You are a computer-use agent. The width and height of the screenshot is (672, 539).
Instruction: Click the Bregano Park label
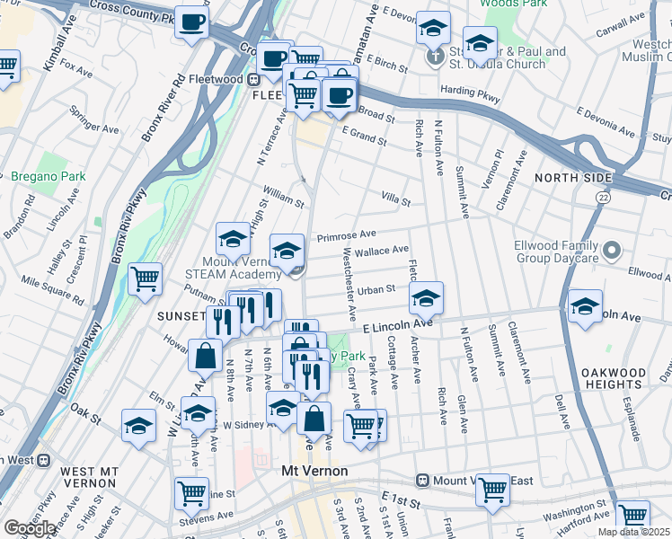click(49, 177)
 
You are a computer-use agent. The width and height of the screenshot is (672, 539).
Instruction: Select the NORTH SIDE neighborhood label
click(573, 178)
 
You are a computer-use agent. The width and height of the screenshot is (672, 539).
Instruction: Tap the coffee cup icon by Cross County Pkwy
click(191, 22)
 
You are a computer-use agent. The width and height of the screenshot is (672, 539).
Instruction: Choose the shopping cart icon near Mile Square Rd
click(145, 278)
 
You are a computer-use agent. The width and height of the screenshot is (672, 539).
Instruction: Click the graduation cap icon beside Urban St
click(427, 296)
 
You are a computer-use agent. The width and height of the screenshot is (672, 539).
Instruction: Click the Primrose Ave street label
click(346, 236)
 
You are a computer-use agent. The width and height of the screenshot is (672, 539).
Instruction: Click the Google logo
click(30, 528)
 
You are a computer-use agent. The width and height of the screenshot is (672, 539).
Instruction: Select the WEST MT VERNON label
click(89, 472)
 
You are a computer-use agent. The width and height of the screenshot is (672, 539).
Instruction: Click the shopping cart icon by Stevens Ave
click(192, 491)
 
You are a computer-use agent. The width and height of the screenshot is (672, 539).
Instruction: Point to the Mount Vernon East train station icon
click(421, 481)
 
